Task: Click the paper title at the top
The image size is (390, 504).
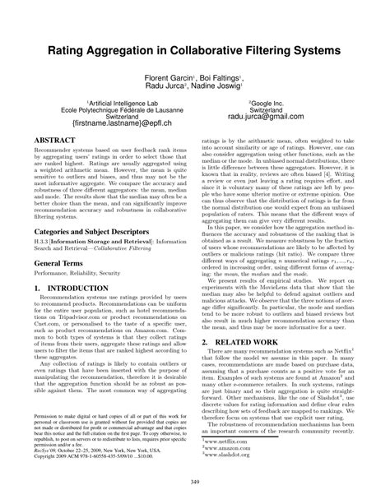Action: [x=194, y=50]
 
